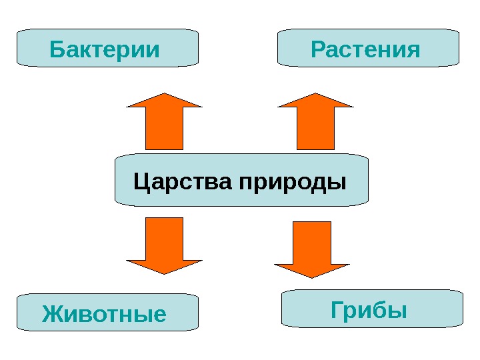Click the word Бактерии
105,49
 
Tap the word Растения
366,49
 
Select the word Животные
104,313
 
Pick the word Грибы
369,309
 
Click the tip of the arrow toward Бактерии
163,95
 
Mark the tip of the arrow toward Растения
315,95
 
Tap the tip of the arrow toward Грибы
312,276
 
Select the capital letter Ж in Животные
51,313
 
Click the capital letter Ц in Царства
141,181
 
